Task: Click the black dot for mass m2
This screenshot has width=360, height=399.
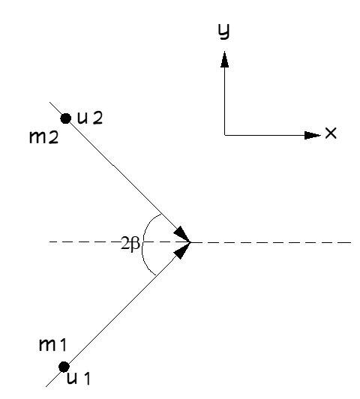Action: (x=66, y=118)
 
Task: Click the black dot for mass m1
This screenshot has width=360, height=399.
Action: (x=64, y=367)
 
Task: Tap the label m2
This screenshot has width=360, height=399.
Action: (x=43, y=138)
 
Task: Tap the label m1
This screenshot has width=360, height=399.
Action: (x=52, y=345)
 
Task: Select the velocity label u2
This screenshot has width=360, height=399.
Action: (x=90, y=118)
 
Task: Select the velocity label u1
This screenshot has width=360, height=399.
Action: (x=78, y=379)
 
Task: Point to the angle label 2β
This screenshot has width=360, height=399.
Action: (x=130, y=244)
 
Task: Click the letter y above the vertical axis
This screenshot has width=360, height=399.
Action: (x=224, y=31)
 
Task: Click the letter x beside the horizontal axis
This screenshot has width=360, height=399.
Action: (x=331, y=133)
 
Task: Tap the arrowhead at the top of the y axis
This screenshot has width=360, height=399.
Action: (x=224, y=59)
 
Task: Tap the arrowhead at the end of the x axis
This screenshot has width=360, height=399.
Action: (x=313, y=135)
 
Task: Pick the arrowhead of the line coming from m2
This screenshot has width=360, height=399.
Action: (x=181, y=233)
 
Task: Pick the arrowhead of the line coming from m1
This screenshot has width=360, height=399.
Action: (x=181, y=250)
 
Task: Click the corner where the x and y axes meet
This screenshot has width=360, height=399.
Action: (x=225, y=135)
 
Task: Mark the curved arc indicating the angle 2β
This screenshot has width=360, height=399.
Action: (x=142, y=244)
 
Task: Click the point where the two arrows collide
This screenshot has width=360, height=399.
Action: (x=190, y=242)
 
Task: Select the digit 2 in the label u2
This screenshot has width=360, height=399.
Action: (x=97, y=118)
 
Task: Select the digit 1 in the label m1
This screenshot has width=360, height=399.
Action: (x=63, y=345)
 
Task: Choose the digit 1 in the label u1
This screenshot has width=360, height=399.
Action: (x=86, y=379)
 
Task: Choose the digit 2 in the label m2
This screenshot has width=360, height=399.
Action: (x=54, y=138)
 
